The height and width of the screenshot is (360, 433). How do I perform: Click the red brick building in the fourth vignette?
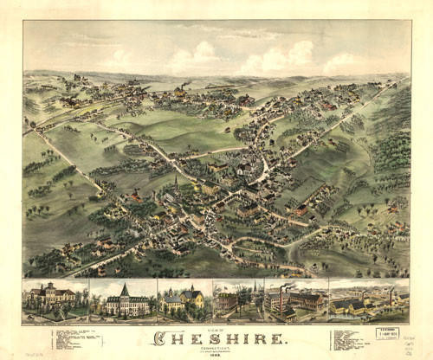227,302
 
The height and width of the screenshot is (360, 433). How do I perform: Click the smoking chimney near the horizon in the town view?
184,87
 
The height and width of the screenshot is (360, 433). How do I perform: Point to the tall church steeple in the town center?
177,184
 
